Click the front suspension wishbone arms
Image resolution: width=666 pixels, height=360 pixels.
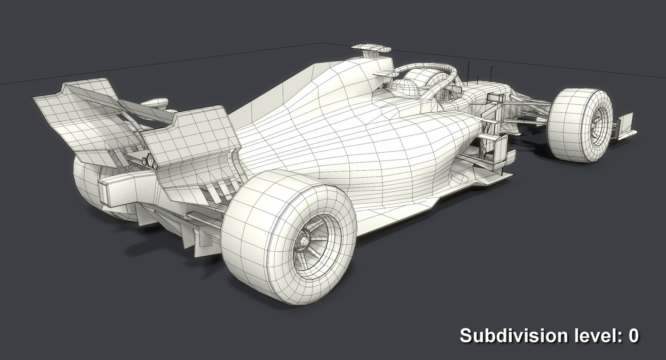pyautogui.click(x=527, y=108)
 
